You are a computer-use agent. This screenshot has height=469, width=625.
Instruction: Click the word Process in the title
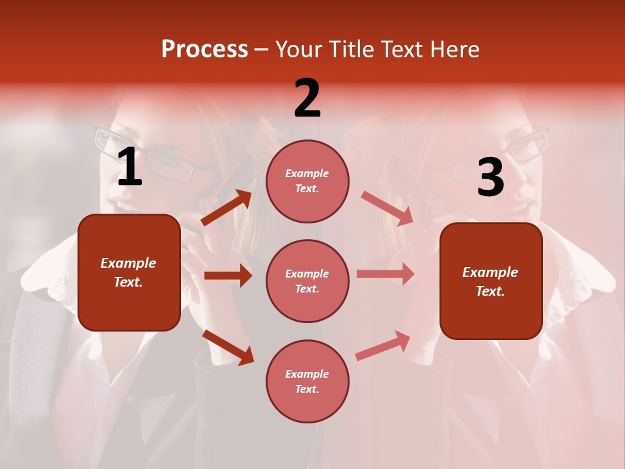coord(204,50)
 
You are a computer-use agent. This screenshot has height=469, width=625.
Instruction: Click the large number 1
coord(130,167)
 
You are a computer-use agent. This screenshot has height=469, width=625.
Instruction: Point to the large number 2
coord(307,98)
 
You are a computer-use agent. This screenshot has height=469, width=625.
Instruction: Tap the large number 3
coord(490,178)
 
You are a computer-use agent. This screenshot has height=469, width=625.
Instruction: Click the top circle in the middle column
coord(307,181)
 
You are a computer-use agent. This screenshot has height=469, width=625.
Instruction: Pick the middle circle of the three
coord(307,281)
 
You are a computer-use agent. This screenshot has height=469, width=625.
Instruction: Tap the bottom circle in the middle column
coord(307,381)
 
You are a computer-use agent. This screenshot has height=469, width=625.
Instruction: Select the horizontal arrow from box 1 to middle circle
coord(228,276)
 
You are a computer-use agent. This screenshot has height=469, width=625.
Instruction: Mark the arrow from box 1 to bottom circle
coord(228,347)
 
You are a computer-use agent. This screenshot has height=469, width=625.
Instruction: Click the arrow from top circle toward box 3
coord(387,208)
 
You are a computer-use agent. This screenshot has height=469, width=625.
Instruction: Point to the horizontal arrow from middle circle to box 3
coord(385,274)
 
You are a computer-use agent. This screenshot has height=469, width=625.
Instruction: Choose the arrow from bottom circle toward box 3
coord(383,345)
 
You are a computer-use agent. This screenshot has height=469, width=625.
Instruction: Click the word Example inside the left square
coord(128,263)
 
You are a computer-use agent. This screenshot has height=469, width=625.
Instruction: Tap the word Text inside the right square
coord(490,291)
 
